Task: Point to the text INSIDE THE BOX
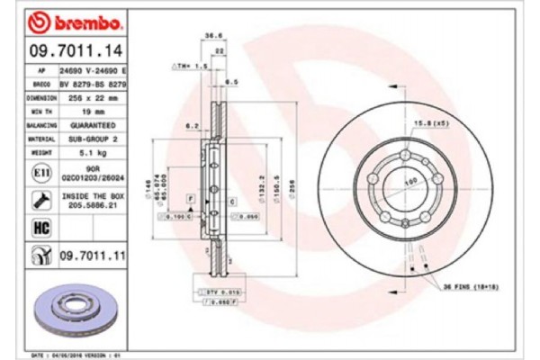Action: click(91, 195)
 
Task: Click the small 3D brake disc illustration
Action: click(77, 310)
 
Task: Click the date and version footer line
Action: click(77, 356)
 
